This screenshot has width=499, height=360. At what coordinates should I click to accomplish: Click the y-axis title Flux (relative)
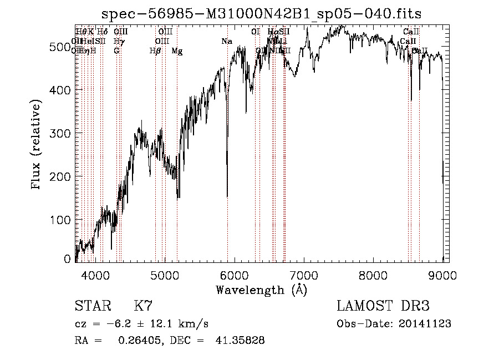[x=37, y=146]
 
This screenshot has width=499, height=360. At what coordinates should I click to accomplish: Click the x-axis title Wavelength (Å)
[x=261, y=290]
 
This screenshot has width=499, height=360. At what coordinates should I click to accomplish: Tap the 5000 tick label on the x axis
[x=165, y=275]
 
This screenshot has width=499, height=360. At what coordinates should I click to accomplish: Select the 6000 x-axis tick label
[x=235, y=275]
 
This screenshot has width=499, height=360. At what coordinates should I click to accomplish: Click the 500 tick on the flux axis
[x=62, y=47]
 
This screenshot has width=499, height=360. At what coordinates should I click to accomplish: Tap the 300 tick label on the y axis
[x=62, y=134]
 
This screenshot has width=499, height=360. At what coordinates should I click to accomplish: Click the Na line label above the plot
[x=226, y=42]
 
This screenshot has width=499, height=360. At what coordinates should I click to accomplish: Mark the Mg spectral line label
[x=177, y=51]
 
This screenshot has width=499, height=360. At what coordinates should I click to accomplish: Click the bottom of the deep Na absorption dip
[x=227, y=196]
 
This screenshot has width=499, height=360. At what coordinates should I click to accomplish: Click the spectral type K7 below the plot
[x=143, y=306]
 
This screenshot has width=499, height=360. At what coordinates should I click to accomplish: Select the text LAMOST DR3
[x=383, y=306]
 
